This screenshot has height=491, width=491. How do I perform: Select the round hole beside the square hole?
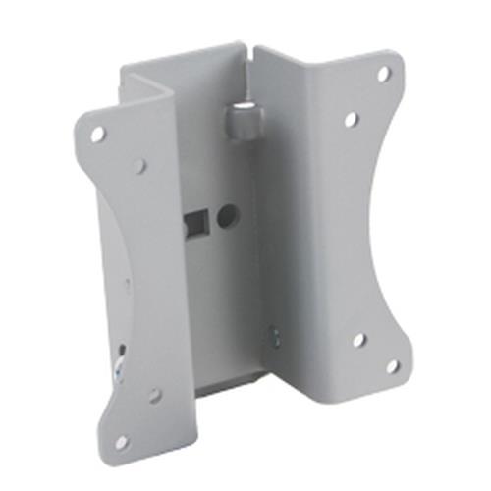click(227, 211)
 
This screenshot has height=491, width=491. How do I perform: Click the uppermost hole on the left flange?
click(97, 135)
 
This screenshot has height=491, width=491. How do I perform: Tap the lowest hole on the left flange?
click(120, 441)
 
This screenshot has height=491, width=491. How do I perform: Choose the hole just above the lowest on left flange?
click(154, 396)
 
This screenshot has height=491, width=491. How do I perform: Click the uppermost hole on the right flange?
click(384, 74)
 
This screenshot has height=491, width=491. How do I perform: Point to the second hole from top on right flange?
click(351, 119)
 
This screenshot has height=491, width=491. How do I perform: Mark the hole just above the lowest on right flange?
click(358, 340)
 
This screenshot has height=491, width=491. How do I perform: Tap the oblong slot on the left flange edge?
click(119, 351)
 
